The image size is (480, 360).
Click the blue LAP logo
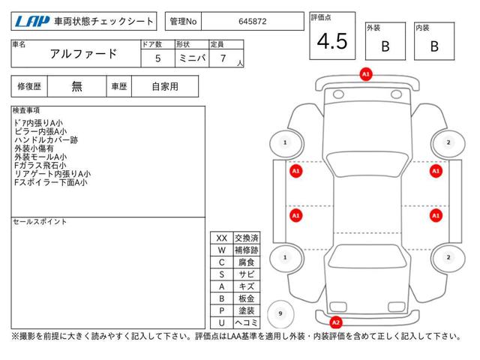(31, 22)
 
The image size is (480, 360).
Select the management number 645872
(253, 22)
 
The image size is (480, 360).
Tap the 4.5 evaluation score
(332, 41)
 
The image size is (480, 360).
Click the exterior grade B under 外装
(385, 46)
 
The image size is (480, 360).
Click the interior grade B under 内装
(434, 46)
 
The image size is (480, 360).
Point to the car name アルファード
(83, 54)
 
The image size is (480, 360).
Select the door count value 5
(157, 58)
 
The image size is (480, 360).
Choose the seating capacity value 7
(223, 58)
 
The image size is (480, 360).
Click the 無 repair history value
(76, 86)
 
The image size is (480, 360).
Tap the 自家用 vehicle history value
(165, 87)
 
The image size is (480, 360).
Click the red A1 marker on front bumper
(366, 74)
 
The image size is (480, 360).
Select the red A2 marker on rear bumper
(336, 322)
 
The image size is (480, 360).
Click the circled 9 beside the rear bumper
(280, 313)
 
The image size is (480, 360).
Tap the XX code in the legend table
(222, 238)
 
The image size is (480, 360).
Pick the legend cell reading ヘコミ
(247, 322)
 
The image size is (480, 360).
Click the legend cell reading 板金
(247, 298)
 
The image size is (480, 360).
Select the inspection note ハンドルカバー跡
(46, 140)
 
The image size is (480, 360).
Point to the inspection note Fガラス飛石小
(40, 165)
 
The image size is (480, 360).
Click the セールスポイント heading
(40, 222)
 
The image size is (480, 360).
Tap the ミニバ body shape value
(192, 58)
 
